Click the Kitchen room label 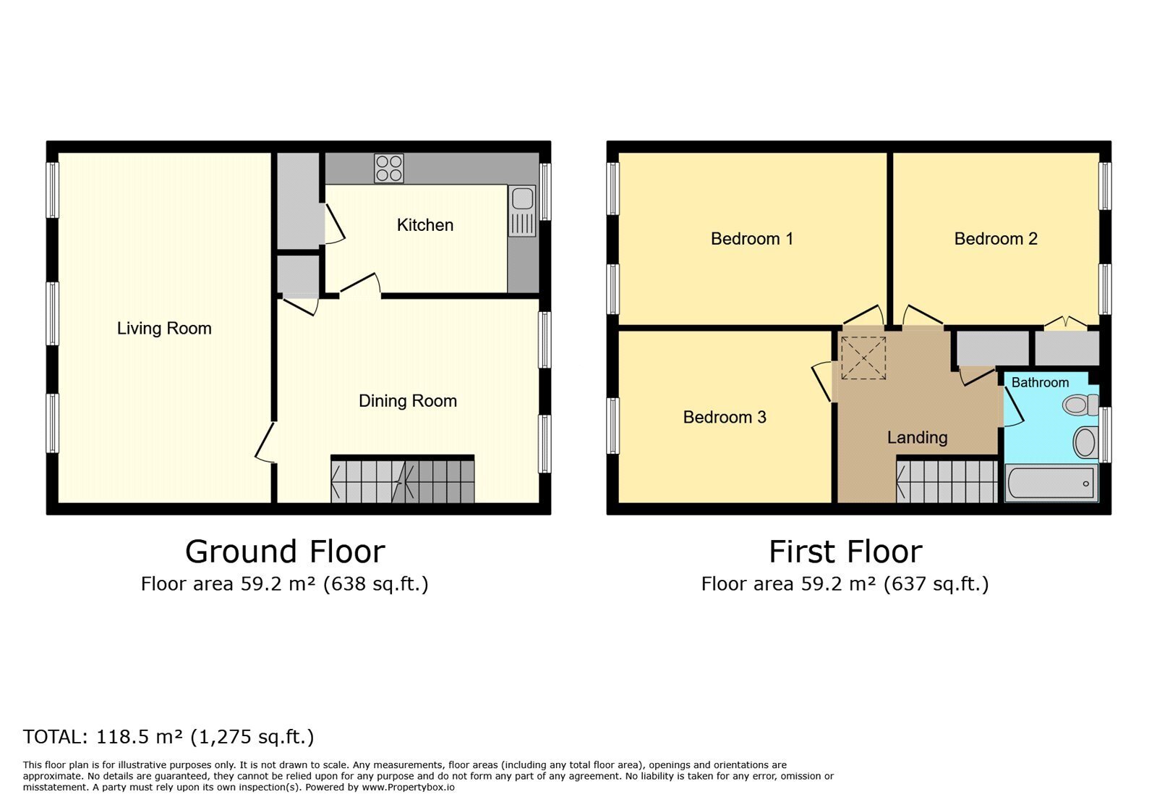coord(424,225)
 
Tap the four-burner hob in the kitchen coord(389,169)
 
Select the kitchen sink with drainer coord(522,211)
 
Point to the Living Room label coord(164,328)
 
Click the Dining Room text coord(408,400)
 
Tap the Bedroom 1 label coord(751,239)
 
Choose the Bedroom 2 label coord(995,239)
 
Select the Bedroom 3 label coord(724,417)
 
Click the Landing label coord(918,438)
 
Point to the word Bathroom coord(1040,382)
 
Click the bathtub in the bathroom coord(1051,483)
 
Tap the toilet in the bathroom coord(1080,404)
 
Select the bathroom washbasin coord(1085,442)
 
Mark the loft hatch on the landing coord(863,358)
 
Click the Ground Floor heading coord(285,552)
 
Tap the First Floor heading coord(845,552)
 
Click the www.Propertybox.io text coord(408,788)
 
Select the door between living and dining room coord(265,442)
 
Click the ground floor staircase coord(402,478)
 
